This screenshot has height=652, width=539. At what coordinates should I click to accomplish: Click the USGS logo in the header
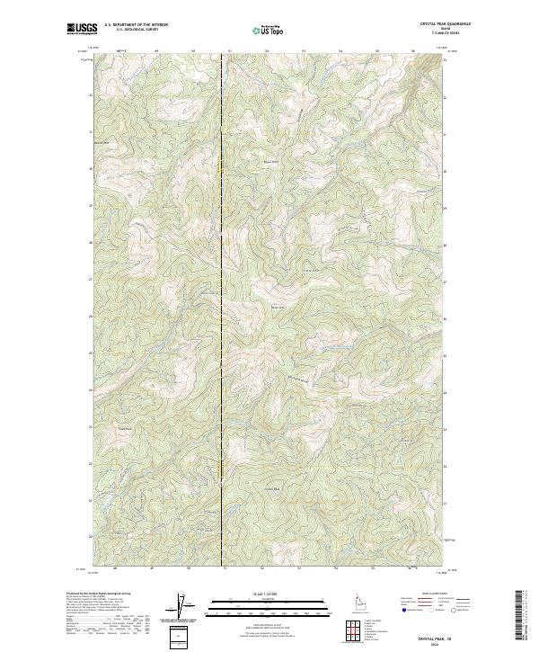[x=80, y=30]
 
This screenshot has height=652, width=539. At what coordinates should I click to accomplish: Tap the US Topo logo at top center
[x=269, y=31]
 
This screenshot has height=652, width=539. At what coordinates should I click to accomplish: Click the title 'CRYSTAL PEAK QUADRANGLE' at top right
[x=445, y=24]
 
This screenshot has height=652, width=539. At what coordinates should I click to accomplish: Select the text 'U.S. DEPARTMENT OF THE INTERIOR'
[x=136, y=25]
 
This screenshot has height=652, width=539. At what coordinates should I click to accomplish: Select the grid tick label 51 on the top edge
[x=230, y=51]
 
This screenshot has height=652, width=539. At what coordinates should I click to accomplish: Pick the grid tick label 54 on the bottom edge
[x=336, y=567]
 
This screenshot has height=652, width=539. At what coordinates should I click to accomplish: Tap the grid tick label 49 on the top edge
[x=156, y=51]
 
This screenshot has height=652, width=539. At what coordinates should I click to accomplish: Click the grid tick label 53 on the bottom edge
[x=299, y=567]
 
